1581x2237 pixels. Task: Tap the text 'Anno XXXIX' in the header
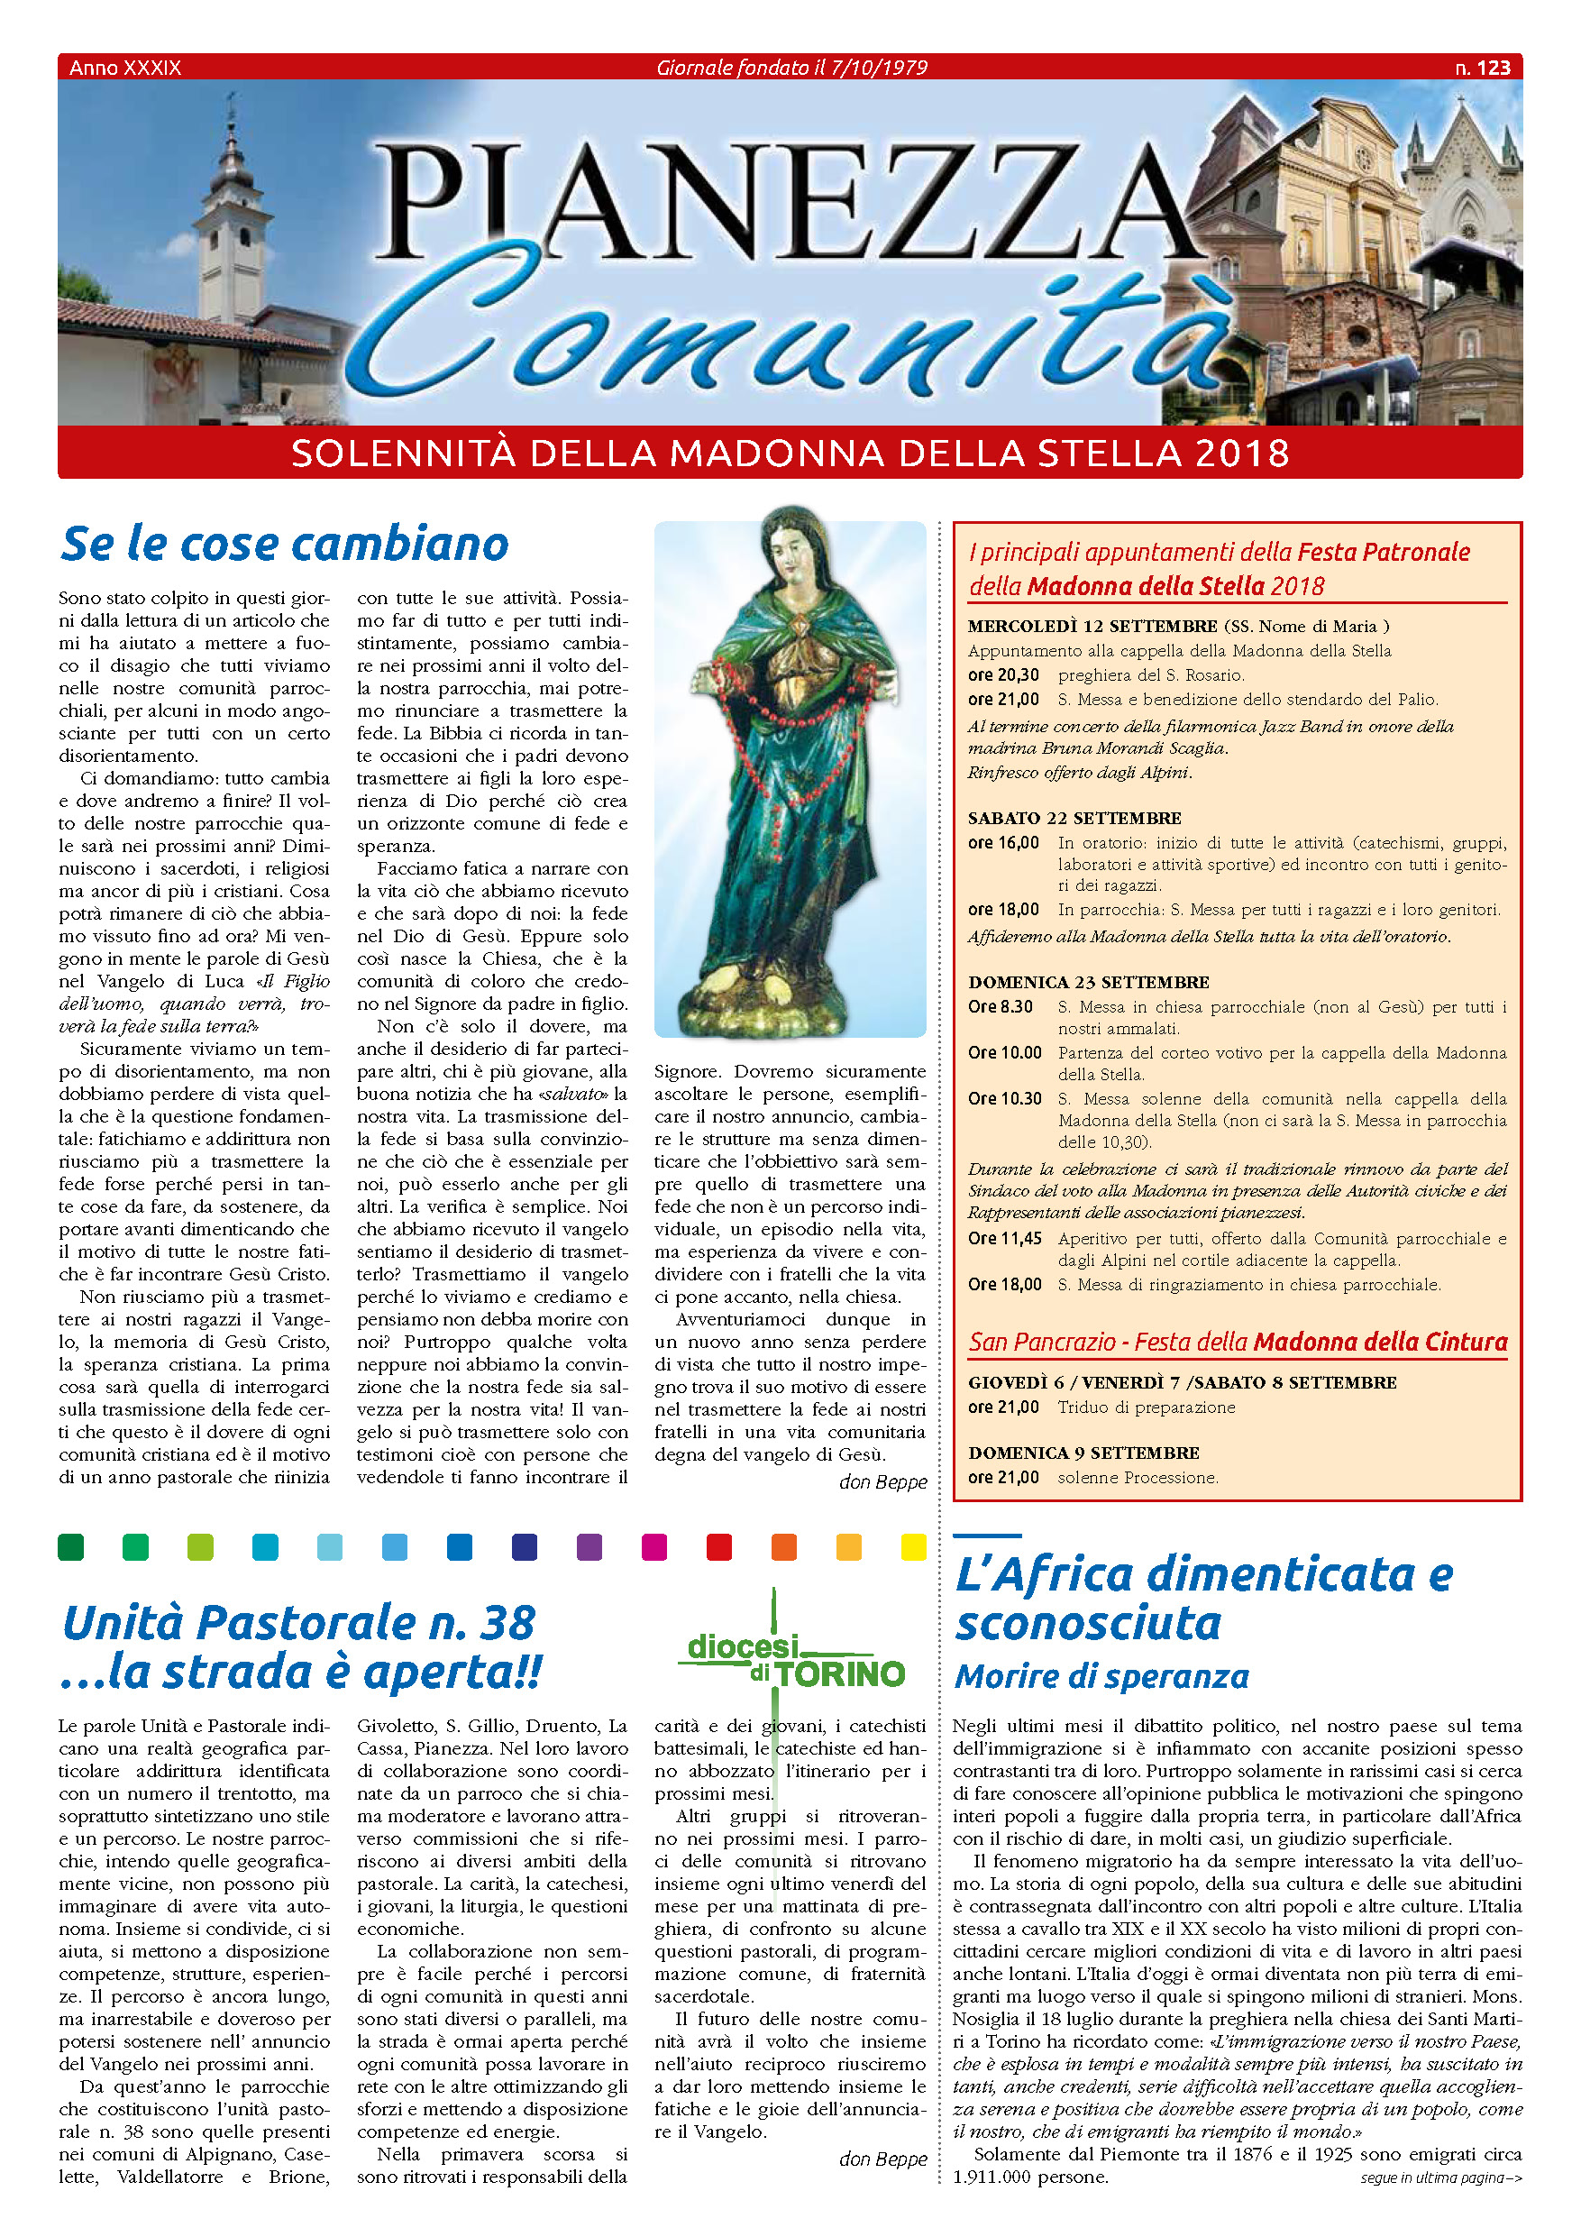tap(124, 68)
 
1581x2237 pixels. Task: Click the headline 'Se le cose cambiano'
tap(285, 544)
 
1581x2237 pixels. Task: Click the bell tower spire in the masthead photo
tap(232, 136)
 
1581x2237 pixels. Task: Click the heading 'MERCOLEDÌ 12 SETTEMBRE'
tap(1092, 627)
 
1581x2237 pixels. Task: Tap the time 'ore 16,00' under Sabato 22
tap(1003, 843)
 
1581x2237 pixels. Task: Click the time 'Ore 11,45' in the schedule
tap(1004, 1238)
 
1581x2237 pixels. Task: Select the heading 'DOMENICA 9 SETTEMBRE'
tap(1083, 1453)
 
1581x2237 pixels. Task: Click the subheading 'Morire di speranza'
tap(1101, 1676)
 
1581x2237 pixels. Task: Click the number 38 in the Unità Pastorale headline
tap(507, 1623)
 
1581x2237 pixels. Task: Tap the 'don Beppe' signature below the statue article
tap(882, 1482)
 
